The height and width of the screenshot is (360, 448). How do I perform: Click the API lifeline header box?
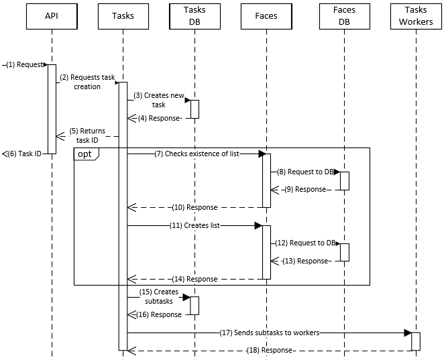(x=52, y=16)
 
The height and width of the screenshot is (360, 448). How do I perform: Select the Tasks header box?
(x=123, y=16)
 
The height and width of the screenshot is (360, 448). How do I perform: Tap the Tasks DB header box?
(x=194, y=16)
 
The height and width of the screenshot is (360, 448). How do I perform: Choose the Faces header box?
(x=266, y=16)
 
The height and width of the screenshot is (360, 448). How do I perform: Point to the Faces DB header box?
(x=344, y=16)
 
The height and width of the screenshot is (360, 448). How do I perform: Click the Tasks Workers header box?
(x=416, y=16)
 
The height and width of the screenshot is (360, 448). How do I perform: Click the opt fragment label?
(x=85, y=154)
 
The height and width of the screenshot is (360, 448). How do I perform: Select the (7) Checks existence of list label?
(x=196, y=154)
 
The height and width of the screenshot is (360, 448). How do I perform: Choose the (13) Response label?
(x=306, y=261)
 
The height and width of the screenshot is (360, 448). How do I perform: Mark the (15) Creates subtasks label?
(x=158, y=296)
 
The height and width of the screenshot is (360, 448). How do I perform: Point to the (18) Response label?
(x=269, y=350)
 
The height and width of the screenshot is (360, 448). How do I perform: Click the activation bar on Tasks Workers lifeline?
(x=416, y=341)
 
